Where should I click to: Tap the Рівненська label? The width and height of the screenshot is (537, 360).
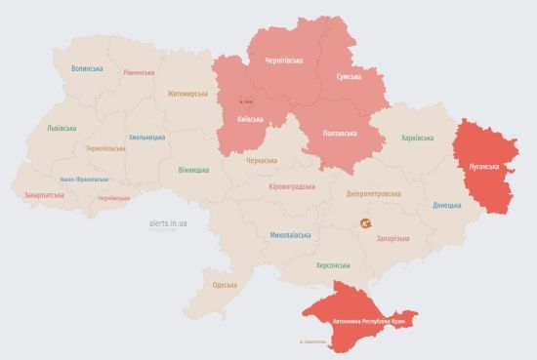pos(139,73)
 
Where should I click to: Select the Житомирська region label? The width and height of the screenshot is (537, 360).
pos(187,94)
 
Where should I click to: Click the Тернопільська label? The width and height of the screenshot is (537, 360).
pos(105,148)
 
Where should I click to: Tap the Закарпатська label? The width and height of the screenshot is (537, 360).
pos(44,194)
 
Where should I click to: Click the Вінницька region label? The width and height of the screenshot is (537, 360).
pos(193,170)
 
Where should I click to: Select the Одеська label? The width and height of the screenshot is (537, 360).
pos(224,284)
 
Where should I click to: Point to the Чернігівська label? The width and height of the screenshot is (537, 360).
pos(284,60)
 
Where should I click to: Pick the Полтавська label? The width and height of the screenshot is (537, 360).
pos(339,133)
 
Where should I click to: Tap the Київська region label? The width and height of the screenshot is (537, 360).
pos(250,119)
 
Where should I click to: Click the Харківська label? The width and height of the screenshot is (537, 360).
pos(417,138)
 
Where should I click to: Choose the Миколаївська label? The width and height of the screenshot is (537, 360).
pos(290,235)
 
